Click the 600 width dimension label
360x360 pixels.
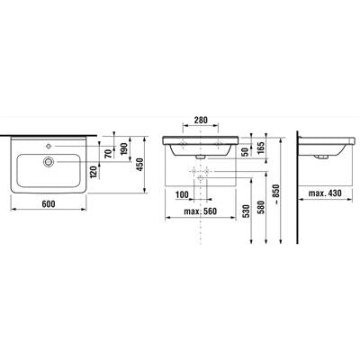[49, 204]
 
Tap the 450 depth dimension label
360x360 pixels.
[139, 165]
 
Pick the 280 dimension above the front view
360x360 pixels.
[201, 121]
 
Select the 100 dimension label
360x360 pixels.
[182, 194]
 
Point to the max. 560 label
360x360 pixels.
[200, 211]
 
